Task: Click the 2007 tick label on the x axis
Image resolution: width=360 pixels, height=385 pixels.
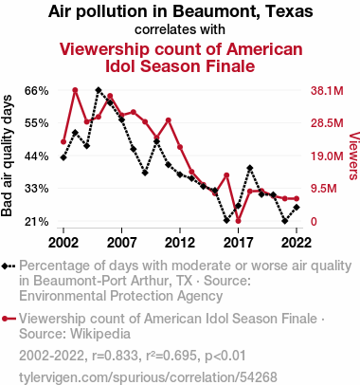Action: [122, 243]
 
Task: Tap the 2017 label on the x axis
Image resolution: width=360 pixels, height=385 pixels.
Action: [238, 243]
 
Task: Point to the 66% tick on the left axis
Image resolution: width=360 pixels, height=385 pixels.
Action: [37, 91]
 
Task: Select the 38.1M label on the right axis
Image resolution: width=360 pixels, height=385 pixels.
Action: [327, 91]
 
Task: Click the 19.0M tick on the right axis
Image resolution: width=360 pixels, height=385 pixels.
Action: [327, 156]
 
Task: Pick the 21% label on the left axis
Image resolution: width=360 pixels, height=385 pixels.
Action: [37, 222]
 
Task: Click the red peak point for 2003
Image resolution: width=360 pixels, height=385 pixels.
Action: [75, 90]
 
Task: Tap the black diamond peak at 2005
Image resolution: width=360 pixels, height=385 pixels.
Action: [99, 90]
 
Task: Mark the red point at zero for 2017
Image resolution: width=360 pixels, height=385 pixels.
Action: [238, 221]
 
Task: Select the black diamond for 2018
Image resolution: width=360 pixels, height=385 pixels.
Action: [250, 168]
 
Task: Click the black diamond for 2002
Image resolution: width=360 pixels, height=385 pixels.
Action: [63, 157]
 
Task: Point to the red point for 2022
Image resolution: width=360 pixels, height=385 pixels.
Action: [297, 199]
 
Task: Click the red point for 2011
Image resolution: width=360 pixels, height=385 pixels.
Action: [169, 120]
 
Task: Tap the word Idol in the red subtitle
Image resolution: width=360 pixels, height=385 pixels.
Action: [120, 66]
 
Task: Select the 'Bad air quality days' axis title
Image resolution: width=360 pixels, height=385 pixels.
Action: [7, 156]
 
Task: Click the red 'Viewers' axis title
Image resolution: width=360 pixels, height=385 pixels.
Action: [354, 156]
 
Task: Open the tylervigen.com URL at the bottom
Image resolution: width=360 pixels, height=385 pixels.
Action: [148, 377]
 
